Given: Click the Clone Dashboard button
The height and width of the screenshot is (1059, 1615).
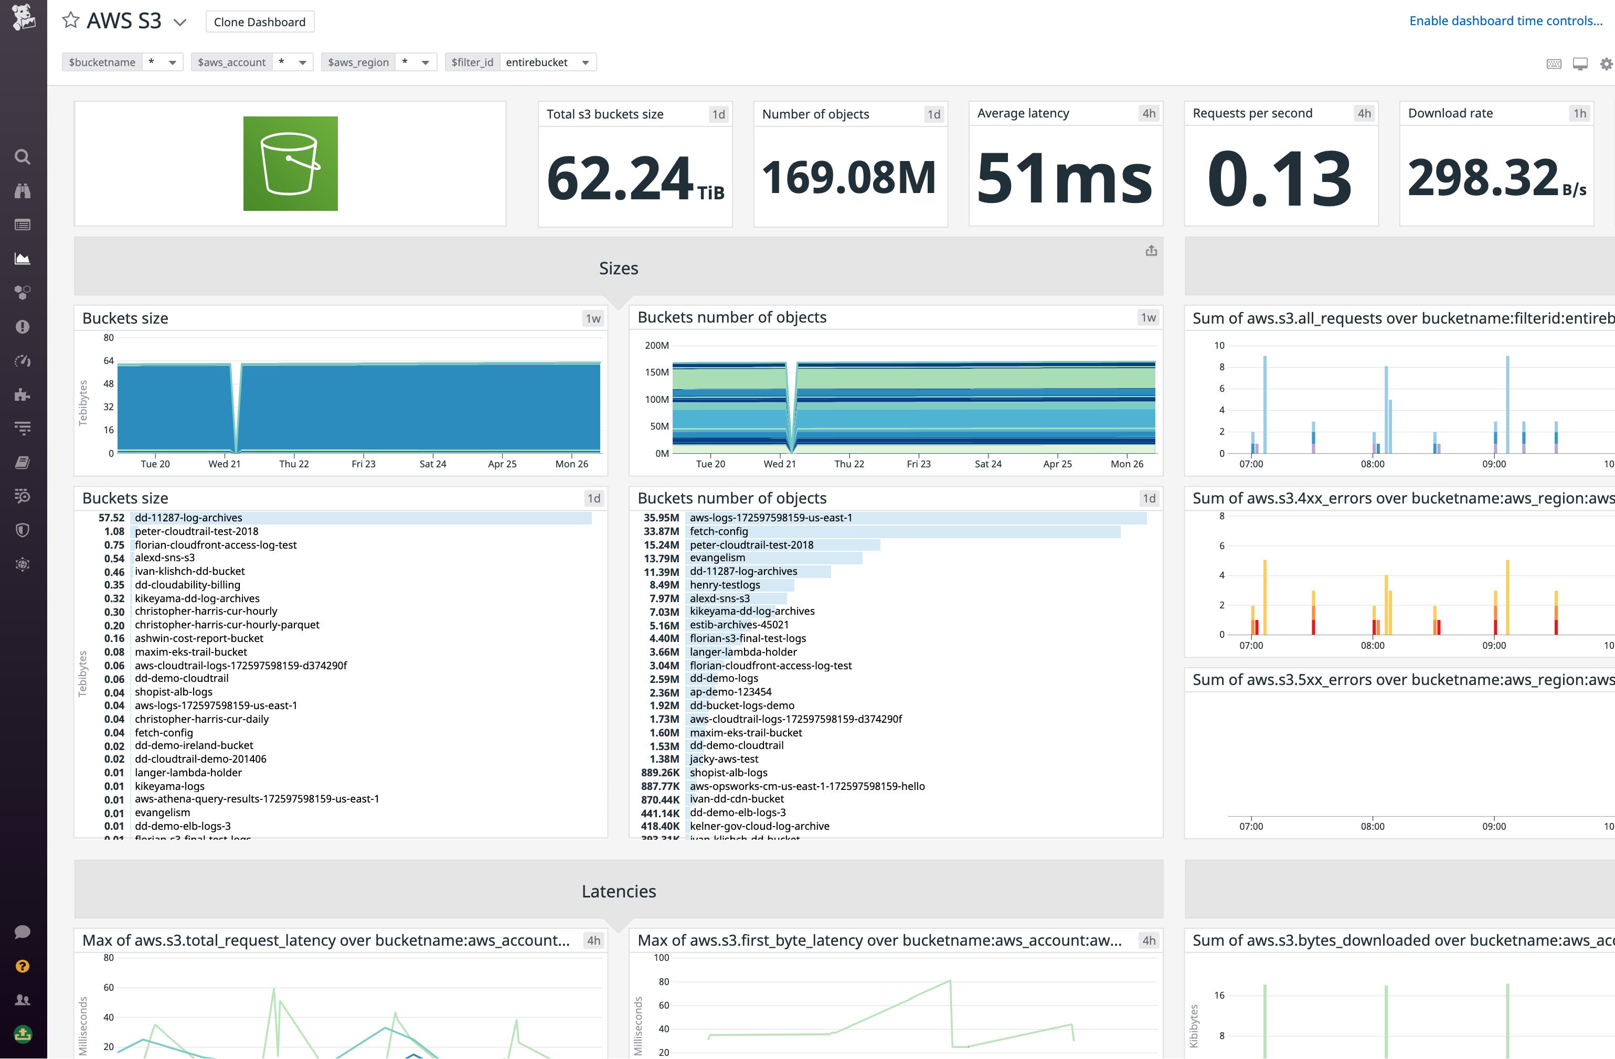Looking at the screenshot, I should coord(259,22).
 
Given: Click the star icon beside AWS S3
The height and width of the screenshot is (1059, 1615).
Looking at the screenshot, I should coord(71,20).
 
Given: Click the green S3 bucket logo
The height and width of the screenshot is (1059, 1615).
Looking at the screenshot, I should coord(291,164).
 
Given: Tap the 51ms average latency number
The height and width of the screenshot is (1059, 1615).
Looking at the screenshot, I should coord(1064,178).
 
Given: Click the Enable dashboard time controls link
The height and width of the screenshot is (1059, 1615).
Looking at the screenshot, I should coord(1505,21).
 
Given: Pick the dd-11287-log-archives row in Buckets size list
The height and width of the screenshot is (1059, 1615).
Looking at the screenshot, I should coord(189,518).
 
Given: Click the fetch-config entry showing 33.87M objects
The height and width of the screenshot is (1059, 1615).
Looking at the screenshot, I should coord(719,531).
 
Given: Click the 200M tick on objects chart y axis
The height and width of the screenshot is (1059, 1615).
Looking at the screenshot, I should coord(656,345).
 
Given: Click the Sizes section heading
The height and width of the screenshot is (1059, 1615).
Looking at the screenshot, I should coord(618,269).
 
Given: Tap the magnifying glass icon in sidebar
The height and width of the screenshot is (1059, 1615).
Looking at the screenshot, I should coord(23,157).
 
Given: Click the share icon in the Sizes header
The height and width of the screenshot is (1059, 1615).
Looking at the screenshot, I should coord(1151,251).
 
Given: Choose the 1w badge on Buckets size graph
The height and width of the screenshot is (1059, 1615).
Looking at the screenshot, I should coord(593,319).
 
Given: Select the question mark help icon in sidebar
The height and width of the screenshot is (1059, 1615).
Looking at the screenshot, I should coord(23,966).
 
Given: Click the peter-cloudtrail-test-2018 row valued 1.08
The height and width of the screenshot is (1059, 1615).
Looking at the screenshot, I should coord(196,531).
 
